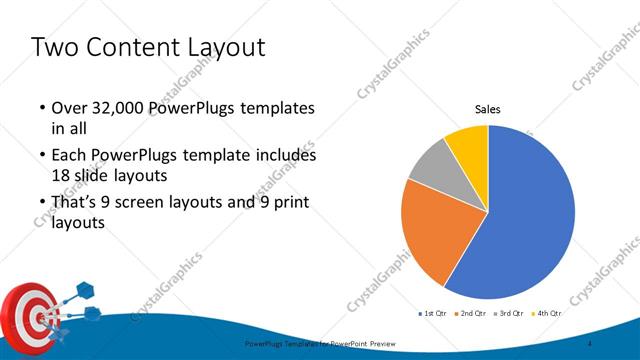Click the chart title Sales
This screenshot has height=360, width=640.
487,109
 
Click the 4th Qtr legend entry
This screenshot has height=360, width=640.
549,313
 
